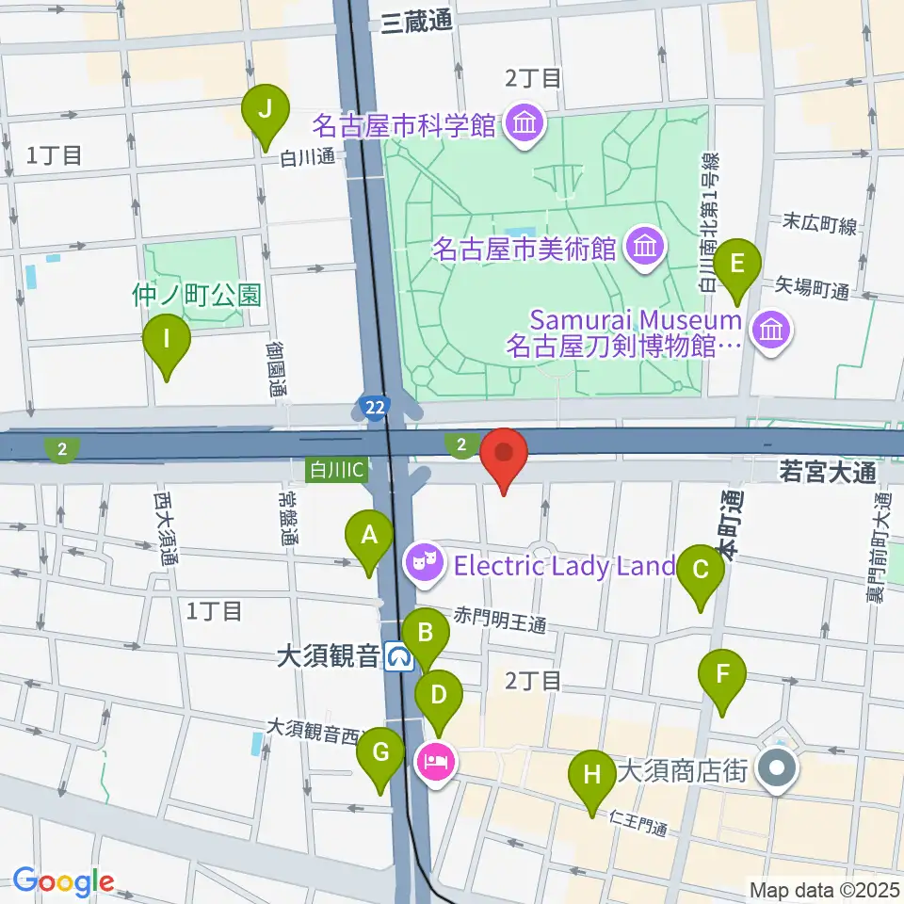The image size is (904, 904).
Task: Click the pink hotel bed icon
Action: (x=436, y=758)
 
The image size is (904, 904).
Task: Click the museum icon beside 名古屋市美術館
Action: (x=645, y=249)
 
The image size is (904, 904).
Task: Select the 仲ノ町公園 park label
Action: (x=196, y=295)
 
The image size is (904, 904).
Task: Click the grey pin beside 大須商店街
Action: (x=777, y=770)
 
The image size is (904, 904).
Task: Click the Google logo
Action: (x=63, y=880)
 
